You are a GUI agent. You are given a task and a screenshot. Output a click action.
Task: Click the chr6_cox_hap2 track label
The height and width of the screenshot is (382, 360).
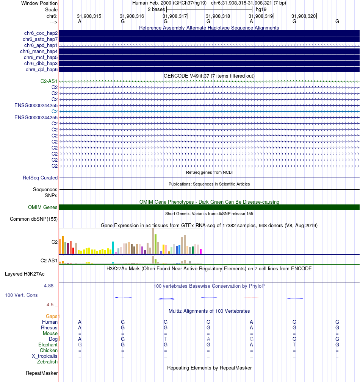[x=40, y=33]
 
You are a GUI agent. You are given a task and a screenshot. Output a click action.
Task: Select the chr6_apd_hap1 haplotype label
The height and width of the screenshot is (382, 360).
[x=40, y=45]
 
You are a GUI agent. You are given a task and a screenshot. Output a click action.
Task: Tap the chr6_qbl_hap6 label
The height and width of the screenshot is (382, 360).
[x=42, y=70]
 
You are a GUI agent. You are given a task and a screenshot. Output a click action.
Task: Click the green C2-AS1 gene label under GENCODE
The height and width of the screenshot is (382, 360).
[x=49, y=81]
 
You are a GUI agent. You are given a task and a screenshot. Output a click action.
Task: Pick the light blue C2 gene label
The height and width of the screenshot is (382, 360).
[x=55, y=111]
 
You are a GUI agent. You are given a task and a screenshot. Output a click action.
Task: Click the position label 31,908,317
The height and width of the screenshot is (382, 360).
[x=175, y=16]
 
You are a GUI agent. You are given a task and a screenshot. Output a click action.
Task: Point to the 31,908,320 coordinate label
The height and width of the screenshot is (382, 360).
[x=304, y=16]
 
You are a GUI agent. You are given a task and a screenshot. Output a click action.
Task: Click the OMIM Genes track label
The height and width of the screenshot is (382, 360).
[x=43, y=207]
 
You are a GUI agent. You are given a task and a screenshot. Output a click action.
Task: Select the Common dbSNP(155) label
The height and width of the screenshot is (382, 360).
[x=34, y=219]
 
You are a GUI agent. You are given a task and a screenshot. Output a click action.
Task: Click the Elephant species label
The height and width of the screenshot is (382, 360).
[x=48, y=345]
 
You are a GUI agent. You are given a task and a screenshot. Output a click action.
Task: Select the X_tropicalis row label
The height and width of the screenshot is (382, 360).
[x=45, y=356]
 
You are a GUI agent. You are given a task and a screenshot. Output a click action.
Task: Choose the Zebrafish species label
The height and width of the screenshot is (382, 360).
[x=47, y=362]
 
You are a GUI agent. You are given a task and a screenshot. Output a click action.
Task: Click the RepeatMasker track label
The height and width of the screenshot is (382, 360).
[x=42, y=373]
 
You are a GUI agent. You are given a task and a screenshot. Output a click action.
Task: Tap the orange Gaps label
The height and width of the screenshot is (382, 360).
[x=53, y=316]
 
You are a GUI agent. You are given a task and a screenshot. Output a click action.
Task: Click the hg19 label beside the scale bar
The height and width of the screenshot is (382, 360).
[x=261, y=9]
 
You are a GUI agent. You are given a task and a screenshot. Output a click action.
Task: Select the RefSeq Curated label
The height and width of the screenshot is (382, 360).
[x=40, y=178]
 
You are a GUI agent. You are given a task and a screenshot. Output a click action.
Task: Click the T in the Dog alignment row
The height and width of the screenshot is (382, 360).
[x=166, y=339]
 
